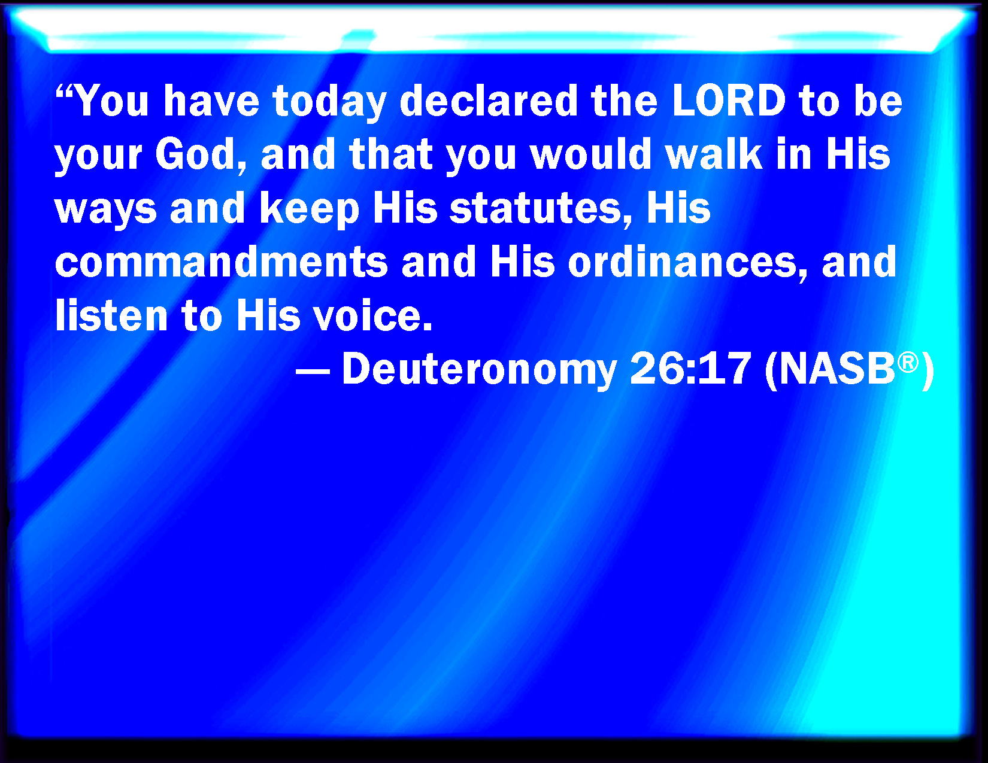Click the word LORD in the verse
728,101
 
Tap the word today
329,104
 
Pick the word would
590,154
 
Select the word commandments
222,262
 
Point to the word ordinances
688,262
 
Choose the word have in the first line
211,101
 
